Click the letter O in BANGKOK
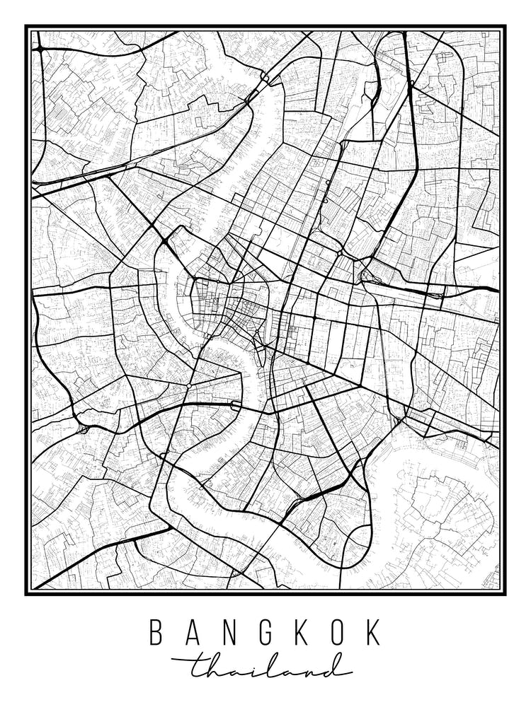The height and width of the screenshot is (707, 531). tap(337, 632)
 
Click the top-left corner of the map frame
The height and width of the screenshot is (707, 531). tap(28, 28)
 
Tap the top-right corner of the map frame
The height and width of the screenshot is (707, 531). tap(503, 28)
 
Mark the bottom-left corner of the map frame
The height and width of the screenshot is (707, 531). tap(28, 592)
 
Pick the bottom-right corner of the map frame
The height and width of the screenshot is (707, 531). tap(503, 592)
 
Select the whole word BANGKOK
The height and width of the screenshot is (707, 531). tap(265, 632)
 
